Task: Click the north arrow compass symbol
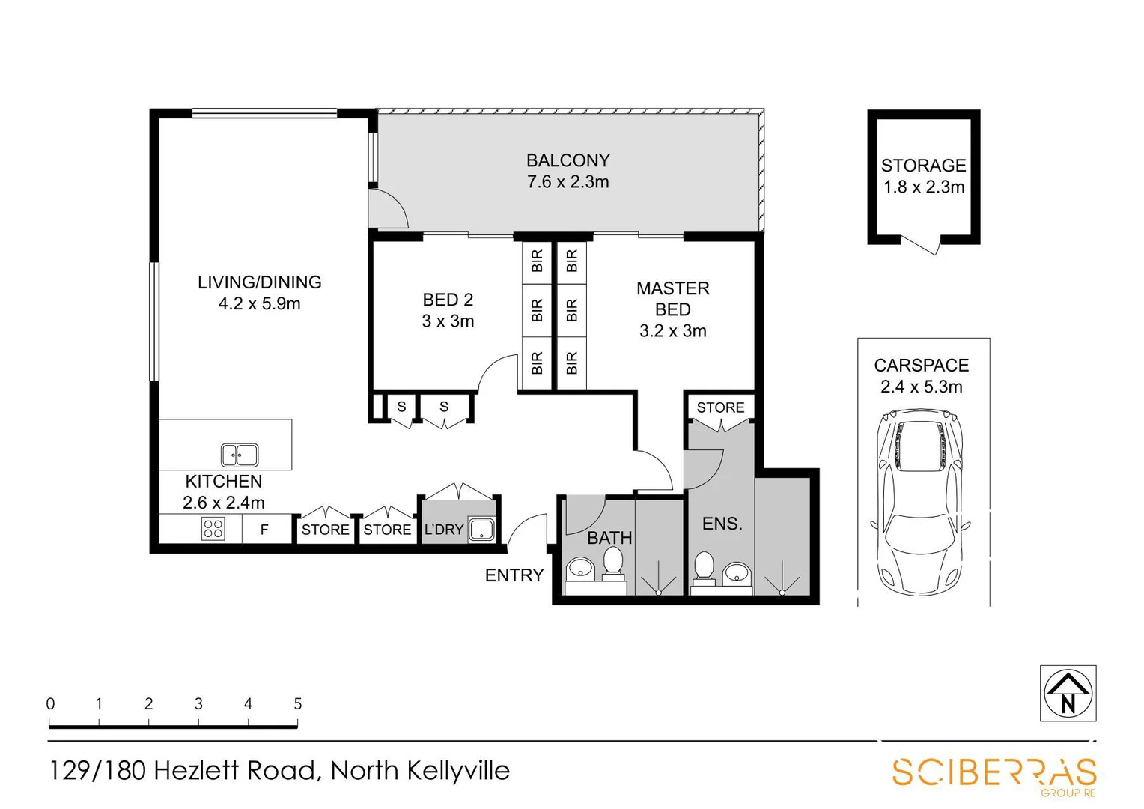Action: click(1068, 694)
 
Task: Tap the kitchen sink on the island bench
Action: click(240, 455)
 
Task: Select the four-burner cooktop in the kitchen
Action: click(213, 529)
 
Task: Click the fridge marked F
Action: click(264, 530)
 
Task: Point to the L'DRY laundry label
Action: click(444, 530)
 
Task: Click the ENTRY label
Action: click(514, 575)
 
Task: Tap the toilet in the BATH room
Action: click(613, 563)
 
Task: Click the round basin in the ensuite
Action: click(737, 575)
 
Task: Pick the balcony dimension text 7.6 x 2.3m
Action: click(568, 182)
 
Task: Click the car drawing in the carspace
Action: click(920, 501)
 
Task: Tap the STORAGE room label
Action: click(923, 166)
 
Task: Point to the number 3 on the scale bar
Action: click(198, 703)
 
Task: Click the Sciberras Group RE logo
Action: click(994, 773)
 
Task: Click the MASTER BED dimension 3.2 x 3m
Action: click(672, 331)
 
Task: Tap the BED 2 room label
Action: click(448, 300)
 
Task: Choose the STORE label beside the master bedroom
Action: click(720, 407)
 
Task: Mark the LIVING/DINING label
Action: click(259, 282)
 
